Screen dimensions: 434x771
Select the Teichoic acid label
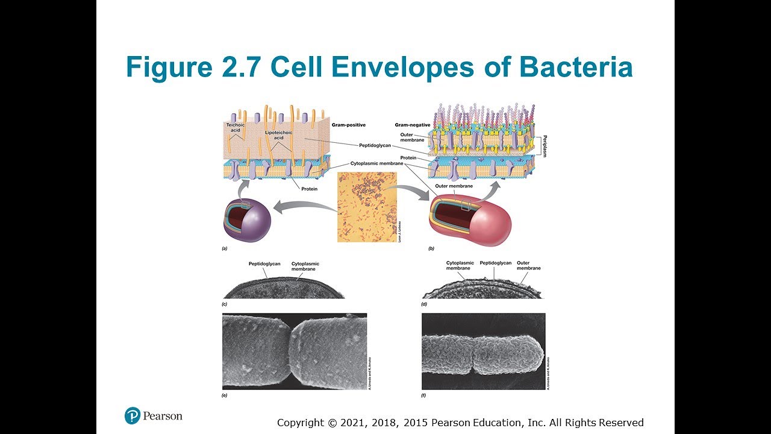[x=234, y=127]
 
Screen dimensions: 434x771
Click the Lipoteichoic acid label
[x=278, y=134]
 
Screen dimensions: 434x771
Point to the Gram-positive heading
[x=349, y=125]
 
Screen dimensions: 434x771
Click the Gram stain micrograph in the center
[x=367, y=206]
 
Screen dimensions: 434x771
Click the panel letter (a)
[x=225, y=248]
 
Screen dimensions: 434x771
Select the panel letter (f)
[x=424, y=395]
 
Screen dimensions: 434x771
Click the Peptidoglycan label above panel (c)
[x=264, y=263]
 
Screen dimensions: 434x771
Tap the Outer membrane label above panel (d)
[x=528, y=266]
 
